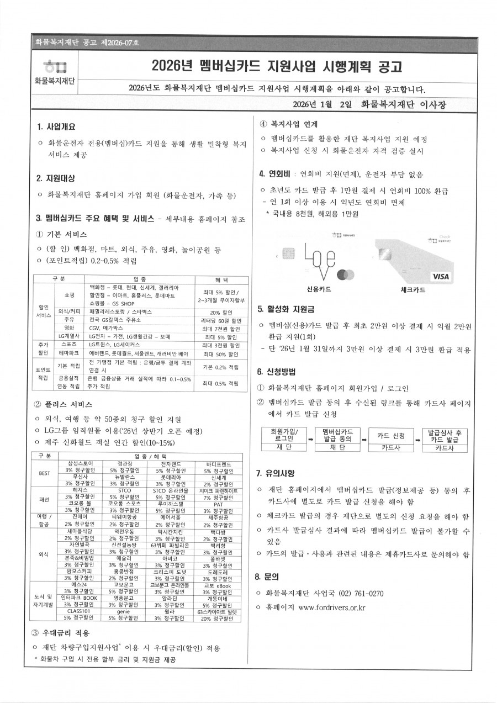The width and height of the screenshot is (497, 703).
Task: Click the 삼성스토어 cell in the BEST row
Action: click(84, 463)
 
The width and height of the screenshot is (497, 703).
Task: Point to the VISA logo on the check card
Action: click(441, 276)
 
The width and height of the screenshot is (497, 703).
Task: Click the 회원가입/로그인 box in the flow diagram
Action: click(284, 435)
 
